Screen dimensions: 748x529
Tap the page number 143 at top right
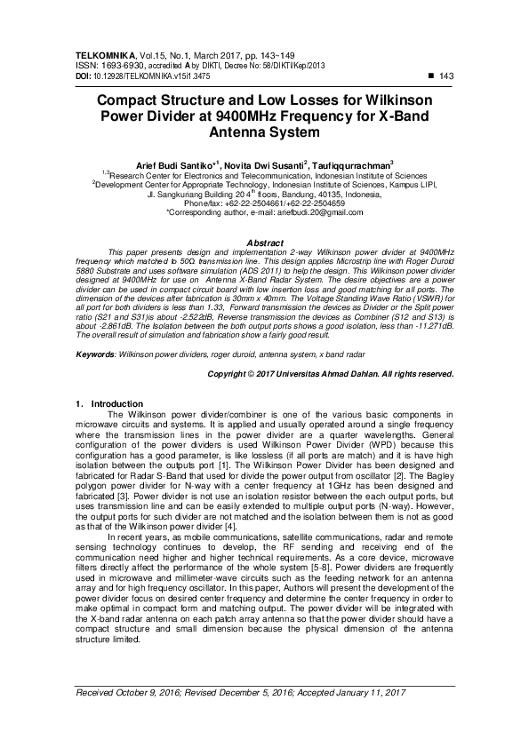coord(447,76)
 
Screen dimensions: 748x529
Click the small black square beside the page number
coord(430,76)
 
